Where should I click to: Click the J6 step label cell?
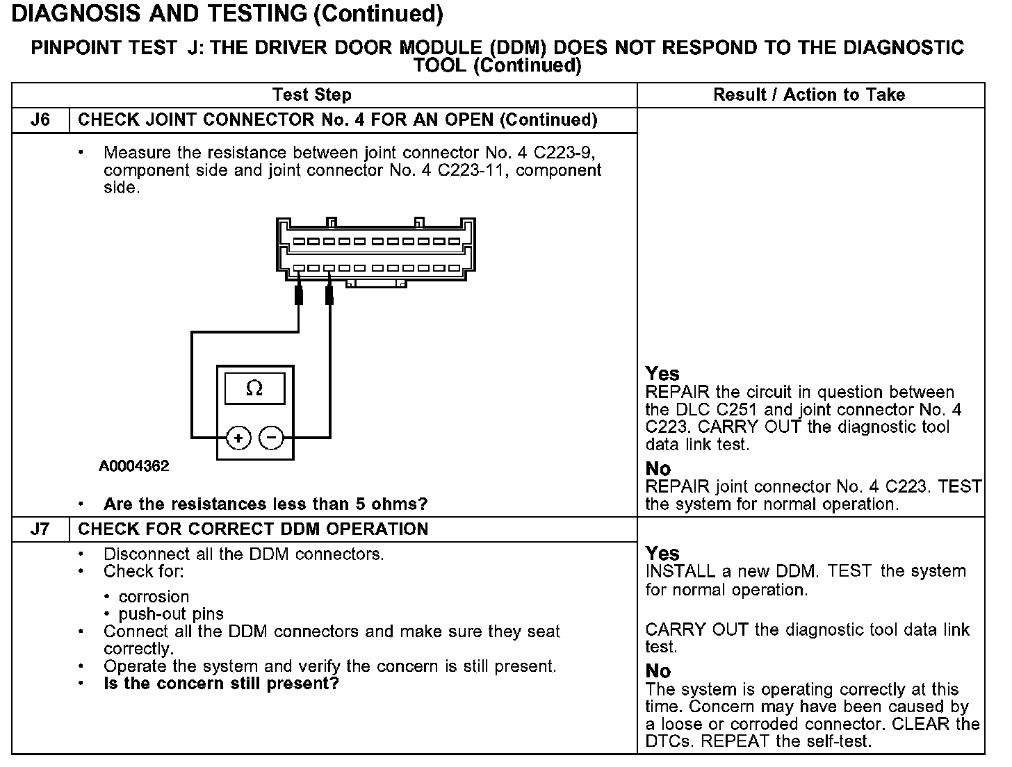tap(40, 120)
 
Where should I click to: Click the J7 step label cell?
tap(40, 529)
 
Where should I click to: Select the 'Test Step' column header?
tap(312, 94)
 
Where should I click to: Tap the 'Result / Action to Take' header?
tap(809, 94)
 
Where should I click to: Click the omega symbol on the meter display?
tap(254, 388)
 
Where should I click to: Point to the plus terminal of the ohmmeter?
tap(238, 438)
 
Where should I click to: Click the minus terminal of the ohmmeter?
tap(271, 438)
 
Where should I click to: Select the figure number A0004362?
tap(134, 465)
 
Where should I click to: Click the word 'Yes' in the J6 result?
tap(662, 374)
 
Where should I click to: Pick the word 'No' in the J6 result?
tap(658, 469)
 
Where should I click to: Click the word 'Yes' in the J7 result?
tap(662, 554)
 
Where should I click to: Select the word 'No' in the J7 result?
tap(658, 671)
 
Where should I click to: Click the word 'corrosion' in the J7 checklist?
tap(154, 597)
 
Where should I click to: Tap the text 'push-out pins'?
tap(171, 614)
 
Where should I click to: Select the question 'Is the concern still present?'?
tap(221, 684)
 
